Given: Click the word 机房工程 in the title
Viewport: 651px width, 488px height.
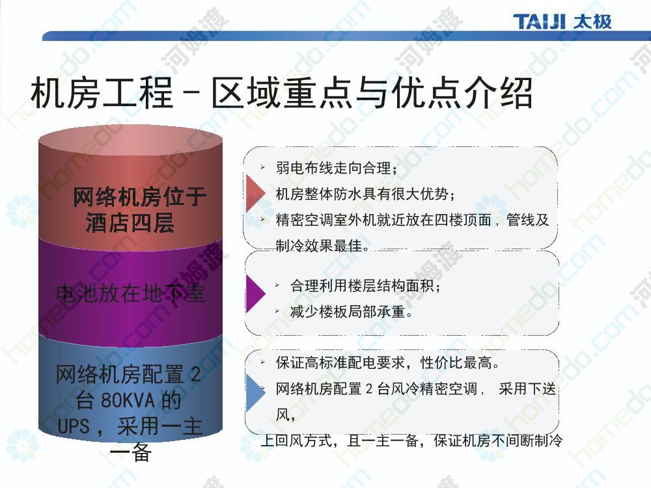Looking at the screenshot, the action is tap(102, 92).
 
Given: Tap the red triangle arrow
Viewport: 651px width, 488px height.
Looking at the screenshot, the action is tap(256, 193).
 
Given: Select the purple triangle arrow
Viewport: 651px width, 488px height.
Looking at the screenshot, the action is tap(256, 293).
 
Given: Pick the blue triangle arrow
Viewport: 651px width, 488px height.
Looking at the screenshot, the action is tap(256, 392).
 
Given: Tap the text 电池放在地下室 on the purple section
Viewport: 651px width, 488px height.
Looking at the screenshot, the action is tap(130, 293).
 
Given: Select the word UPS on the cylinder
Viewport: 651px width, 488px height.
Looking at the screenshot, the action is tap(74, 426).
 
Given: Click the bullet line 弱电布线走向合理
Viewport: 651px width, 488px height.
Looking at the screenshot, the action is tap(337, 168).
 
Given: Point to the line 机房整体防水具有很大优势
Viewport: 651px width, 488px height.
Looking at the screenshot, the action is tap(365, 193).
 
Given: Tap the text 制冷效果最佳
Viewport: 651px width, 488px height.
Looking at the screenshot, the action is tap(322, 245).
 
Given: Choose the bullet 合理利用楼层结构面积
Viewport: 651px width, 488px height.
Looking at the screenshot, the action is tap(365, 286).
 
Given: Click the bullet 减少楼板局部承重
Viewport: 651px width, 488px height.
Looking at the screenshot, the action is tap(352, 311).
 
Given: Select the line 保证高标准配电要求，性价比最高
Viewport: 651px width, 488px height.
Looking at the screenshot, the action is tap(387, 362).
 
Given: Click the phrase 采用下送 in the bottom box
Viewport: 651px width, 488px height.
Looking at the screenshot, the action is tap(527, 388).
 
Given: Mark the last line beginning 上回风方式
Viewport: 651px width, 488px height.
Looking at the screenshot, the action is tap(411, 440).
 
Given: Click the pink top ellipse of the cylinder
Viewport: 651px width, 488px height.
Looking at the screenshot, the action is tap(130, 141).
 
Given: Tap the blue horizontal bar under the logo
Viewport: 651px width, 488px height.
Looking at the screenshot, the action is tap(346, 36).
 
